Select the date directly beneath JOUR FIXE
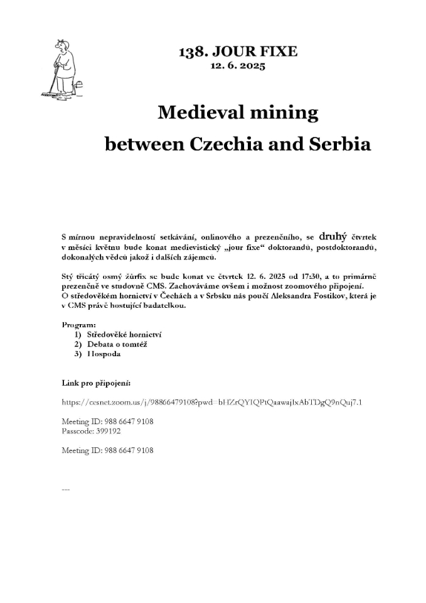click(x=238, y=65)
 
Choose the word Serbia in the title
click(x=339, y=144)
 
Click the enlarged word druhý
click(x=333, y=237)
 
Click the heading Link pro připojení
click(x=96, y=383)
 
